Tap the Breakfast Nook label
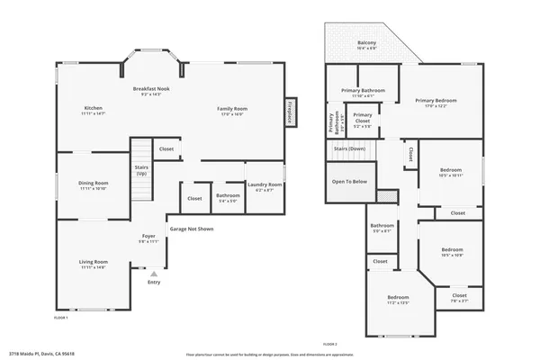tap(151, 91)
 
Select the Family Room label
tap(232, 111)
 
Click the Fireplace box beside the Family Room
tap(291, 111)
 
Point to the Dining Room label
tap(93, 185)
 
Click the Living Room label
tap(93, 264)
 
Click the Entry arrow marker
tap(154, 274)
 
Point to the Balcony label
tap(366, 45)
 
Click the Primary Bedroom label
tap(436, 102)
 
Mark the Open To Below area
tap(349, 182)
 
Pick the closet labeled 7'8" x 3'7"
tap(459, 297)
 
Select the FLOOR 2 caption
tap(329, 344)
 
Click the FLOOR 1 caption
tap(61, 318)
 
